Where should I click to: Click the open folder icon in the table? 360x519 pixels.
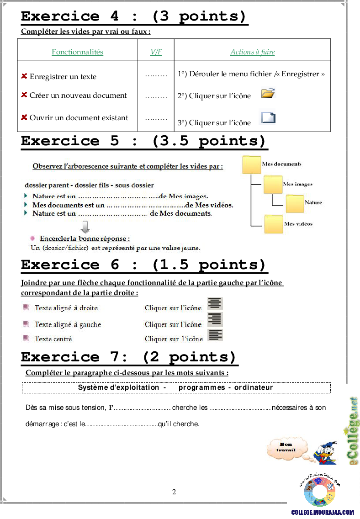coord(268,93)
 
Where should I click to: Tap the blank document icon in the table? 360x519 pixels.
coord(268,117)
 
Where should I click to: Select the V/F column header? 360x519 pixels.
coord(156,52)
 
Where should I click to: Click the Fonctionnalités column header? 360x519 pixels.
coord(77,52)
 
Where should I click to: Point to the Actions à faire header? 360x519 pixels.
coord(253,52)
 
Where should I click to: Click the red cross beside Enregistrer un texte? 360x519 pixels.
coord(24,76)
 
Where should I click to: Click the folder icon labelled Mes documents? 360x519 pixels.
coord(251,164)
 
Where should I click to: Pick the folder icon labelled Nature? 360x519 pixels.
coord(295,204)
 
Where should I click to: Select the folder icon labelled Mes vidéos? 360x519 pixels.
coord(274,224)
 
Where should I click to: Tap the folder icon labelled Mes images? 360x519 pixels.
coord(273,185)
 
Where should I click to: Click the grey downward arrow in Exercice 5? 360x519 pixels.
coord(85,227)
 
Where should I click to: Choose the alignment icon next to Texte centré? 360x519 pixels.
coord(215,335)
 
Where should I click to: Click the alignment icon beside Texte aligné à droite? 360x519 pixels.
coord(215,304)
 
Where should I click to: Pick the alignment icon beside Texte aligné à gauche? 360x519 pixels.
coord(215,319)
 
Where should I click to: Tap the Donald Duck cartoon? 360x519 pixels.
coord(326,452)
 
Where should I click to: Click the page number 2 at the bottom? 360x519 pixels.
coord(174,492)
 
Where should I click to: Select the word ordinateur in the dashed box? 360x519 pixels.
coord(254,387)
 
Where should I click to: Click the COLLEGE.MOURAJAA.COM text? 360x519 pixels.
coord(323,513)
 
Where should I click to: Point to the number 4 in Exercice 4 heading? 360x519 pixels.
coord(115,16)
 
